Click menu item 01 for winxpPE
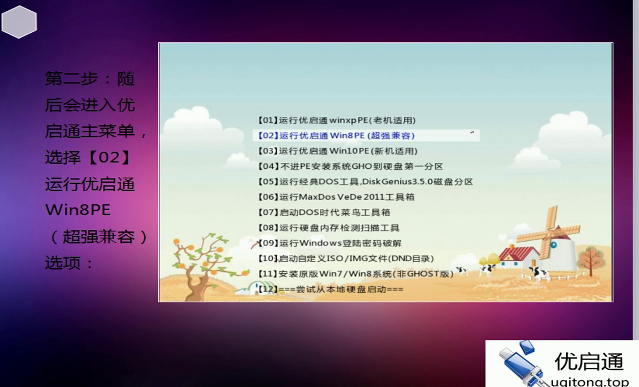[336, 121]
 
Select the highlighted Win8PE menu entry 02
[336, 136]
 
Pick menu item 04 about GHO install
[350, 167]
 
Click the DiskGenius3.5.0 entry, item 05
[365, 182]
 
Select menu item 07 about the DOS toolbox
[324, 212]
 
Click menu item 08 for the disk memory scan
[328, 228]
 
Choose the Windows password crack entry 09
[329, 243]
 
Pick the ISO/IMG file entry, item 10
[346, 258]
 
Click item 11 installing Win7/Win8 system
[355, 274]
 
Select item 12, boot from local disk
[330, 289]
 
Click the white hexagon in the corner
[19, 22]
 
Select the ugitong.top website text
[590, 382]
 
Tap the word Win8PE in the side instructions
[78, 210]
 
